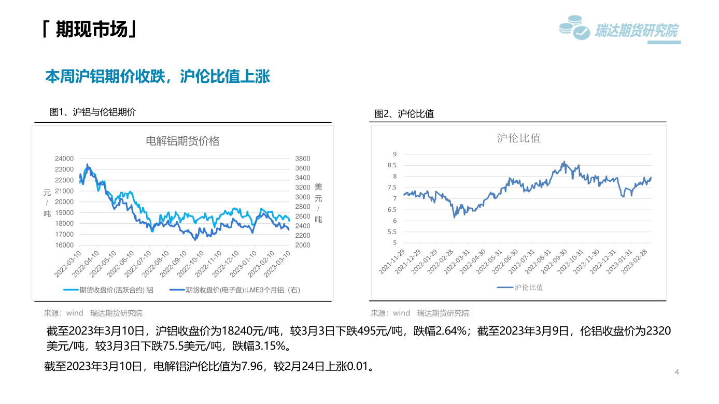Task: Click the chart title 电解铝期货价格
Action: tap(182, 141)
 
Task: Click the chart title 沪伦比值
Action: tap(518, 138)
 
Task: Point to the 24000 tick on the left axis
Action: tap(64, 158)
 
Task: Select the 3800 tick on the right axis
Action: tap(302, 158)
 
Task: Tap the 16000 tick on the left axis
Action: tap(64, 246)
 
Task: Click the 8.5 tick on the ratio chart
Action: tap(391, 165)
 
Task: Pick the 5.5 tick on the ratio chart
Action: tap(391, 232)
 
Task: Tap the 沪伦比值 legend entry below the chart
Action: tap(528, 287)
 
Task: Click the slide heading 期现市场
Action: tap(91, 30)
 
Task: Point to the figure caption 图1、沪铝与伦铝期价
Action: tap(93, 112)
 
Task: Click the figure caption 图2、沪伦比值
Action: tap(404, 114)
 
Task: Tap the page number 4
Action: tap(676, 371)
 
